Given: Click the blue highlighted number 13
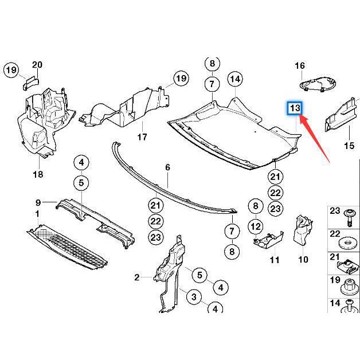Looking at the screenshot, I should pyautogui.click(x=295, y=108).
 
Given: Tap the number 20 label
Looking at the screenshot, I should pyautogui.click(x=37, y=64).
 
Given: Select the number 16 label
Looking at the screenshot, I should pyautogui.click(x=300, y=66).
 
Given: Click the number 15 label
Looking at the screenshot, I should pyautogui.click(x=349, y=146).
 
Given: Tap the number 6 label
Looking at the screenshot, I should pyautogui.click(x=167, y=167).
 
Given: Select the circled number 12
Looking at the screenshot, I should pyautogui.click(x=256, y=227).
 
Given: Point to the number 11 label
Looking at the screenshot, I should pyautogui.click(x=275, y=260).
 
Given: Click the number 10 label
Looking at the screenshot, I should pyautogui.click(x=303, y=260).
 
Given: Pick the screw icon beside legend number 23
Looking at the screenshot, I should pyautogui.click(x=349, y=217).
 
